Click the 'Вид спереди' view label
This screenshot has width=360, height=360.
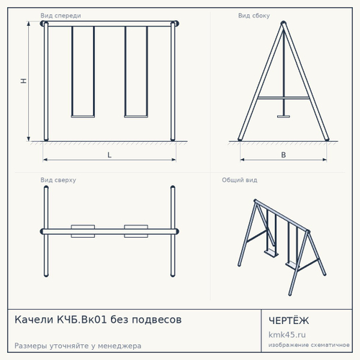pyautogui.click(x=60, y=16)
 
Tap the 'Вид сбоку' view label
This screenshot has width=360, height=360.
pyautogui.click(x=254, y=16)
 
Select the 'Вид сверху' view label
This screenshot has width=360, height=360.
pyautogui.click(x=58, y=180)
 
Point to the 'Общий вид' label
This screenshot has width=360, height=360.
pyautogui.click(x=240, y=180)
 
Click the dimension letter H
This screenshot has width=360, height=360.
pyautogui.click(x=24, y=81)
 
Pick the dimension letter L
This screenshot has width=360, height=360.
pyautogui.click(x=109, y=155)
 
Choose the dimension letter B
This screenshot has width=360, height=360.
pyautogui.click(x=284, y=155)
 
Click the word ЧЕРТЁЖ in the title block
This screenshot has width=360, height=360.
pyautogui.click(x=289, y=320)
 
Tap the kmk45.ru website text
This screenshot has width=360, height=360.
pyautogui.click(x=287, y=335)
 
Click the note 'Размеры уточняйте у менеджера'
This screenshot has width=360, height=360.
pyautogui.click(x=78, y=346)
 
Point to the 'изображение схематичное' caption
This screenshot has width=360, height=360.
pyautogui.click(x=309, y=345)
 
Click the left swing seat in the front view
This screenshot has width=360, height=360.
pyautogui.click(x=83, y=117)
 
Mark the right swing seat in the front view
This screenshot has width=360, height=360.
pyautogui.click(x=136, y=117)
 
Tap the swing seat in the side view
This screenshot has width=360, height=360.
pyautogui.click(x=284, y=117)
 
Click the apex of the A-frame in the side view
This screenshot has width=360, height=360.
pyautogui.click(x=284, y=22)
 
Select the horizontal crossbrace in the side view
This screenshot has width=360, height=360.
pyautogui.click(x=284, y=98)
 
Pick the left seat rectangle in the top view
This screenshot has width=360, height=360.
pyautogui.click(x=83, y=231)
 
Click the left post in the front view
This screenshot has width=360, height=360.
pyautogui.click(x=46, y=81)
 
